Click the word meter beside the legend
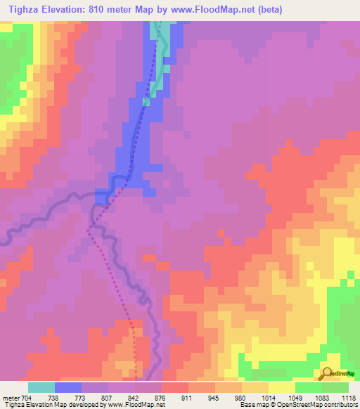pyautogui.click(x=10, y=397)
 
